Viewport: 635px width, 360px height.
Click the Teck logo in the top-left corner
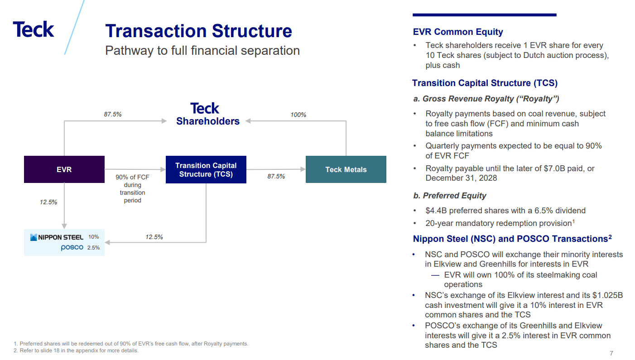pos(34,29)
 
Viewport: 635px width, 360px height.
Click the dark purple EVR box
pos(64,169)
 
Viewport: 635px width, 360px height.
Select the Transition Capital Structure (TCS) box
pos(206,169)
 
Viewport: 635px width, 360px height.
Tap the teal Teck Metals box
pos(346,169)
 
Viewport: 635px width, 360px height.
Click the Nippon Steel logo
pos(57,237)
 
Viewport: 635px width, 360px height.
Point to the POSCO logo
pos(72,248)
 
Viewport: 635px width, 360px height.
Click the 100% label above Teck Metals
pos(298,115)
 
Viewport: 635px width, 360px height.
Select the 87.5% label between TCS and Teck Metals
pos(276,177)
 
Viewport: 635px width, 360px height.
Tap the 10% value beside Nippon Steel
pos(93,237)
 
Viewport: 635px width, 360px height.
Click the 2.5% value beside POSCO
pos(93,248)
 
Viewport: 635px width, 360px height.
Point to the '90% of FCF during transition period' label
pos(132,189)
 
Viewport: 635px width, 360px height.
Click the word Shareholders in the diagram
pos(207,121)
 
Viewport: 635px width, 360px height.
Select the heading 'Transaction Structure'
pos(198,31)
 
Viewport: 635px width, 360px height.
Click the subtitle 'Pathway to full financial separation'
pos(202,50)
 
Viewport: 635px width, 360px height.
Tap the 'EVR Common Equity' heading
pos(458,32)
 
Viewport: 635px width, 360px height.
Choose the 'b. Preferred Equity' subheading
pos(449,196)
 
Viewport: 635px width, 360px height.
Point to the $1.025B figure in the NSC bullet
pos(606,295)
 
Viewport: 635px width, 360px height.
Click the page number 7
pos(611,353)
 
